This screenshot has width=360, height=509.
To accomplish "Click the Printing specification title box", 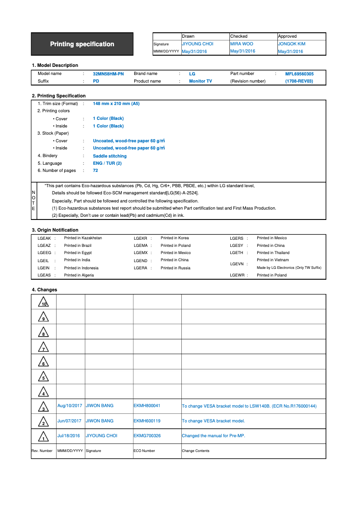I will pyautogui.click(x=82, y=44).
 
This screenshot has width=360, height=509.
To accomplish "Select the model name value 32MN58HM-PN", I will pyautogui.click(x=108, y=74).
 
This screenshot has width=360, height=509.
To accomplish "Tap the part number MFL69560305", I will pyautogui.click(x=299, y=74).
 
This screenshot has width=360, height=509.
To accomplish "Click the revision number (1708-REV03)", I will pyautogui.click(x=299, y=81).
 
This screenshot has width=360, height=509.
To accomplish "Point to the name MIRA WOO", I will pyautogui.click(x=241, y=44).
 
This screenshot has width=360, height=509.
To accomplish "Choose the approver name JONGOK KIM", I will pyautogui.click(x=291, y=44).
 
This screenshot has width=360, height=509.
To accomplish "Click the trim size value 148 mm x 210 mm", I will pyautogui.click(x=116, y=104).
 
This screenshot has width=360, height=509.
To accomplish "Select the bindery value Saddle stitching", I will pyautogui.click(x=110, y=156).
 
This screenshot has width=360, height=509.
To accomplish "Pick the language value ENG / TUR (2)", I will pyautogui.click(x=107, y=163).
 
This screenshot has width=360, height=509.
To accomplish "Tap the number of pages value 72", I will pyautogui.click(x=96, y=171).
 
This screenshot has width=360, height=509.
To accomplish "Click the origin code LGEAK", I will pyautogui.click(x=44, y=238).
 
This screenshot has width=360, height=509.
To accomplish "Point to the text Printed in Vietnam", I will pyautogui.click(x=272, y=260).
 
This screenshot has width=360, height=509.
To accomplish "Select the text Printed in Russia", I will pyautogui.click(x=176, y=268).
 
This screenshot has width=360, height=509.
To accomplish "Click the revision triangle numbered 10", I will pyautogui.click(x=44, y=302).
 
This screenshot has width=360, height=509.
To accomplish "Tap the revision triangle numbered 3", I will pyautogui.click(x=44, y=407).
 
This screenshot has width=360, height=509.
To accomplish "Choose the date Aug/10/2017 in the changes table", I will pyautogui.click(x=70, y=406).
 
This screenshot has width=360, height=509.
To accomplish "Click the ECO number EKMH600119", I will pyautogui.click(x=147, y=421).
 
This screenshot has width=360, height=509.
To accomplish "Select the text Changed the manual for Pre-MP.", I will pyautogui.click(x=213, y=436).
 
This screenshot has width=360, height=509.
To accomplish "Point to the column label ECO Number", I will pyautogui.click(x=144, y=451).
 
